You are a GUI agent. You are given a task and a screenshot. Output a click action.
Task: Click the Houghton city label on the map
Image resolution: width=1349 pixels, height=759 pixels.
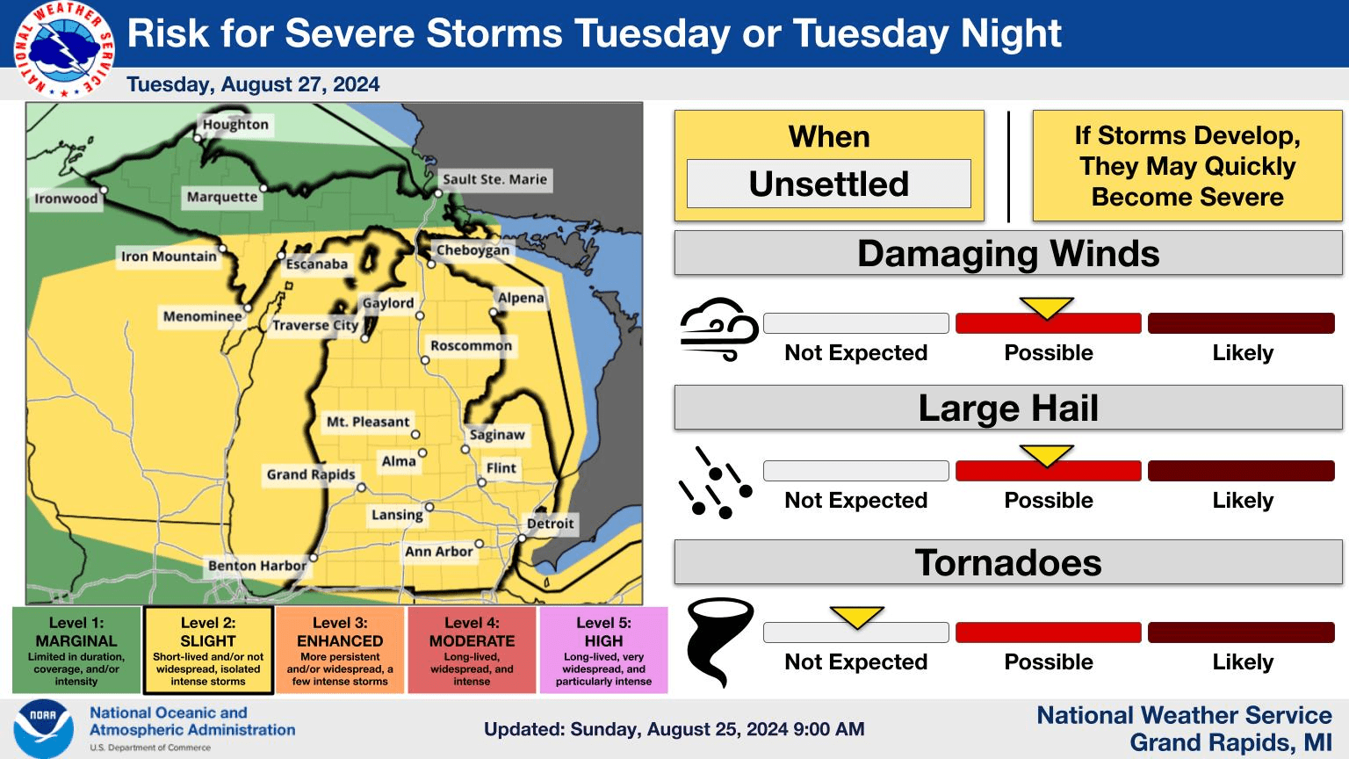pyautogui.click(x=235, y=125)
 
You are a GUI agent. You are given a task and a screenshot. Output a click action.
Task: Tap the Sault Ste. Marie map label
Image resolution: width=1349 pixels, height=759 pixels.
pyautogui.click(x=494, y=179)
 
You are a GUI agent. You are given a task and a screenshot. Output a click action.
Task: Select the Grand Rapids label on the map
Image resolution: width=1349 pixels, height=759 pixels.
pyautogui.click(x=311, y=474)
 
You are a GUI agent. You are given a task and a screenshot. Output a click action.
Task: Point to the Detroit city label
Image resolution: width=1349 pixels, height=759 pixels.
pyautogui.click(x=550, y=524)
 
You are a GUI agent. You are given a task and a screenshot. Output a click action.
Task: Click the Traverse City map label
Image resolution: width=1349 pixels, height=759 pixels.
pyautogui.click(x=315, y=325)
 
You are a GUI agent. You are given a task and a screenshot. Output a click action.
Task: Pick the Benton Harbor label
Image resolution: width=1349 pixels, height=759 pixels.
pyautogui.click(x=257, y=566)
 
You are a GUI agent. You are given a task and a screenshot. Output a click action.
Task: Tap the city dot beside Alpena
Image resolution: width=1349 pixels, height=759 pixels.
pyautogui.click(x=494, y=312)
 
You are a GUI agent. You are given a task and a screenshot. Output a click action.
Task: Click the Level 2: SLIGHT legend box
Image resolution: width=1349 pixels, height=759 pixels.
pyautogui.click(x=208, y=651)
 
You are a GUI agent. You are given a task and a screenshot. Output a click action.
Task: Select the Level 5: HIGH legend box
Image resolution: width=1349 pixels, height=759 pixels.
pyautogui.click(x=603, y=651)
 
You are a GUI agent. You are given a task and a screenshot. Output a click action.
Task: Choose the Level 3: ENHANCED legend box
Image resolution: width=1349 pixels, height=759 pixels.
pyautogui.click(x=340, y=651)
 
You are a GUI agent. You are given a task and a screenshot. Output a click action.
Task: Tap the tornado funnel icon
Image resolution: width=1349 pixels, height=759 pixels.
pyautogui.click(x=719, y=642)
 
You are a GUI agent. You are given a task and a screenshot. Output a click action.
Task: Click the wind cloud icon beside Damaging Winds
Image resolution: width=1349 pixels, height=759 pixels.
pyautogui.click(x=719, y=329)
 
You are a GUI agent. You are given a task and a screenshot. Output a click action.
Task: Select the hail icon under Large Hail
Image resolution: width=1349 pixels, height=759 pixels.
pyautogui.click(x=716, y=483)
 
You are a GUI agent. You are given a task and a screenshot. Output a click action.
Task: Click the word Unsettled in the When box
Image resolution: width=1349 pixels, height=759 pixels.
pyautogui.click(x=829, y=184)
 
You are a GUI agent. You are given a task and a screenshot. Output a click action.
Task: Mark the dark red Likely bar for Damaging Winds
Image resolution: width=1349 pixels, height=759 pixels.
pyautogui.click(x=1241, y=323)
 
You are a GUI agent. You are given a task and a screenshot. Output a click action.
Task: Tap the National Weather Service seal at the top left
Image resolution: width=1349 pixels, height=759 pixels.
pyautogui.click(x=64, y=49)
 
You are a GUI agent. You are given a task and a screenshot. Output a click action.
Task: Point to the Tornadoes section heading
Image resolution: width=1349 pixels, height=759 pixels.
pyautogui.click(x=1008, y=562)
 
